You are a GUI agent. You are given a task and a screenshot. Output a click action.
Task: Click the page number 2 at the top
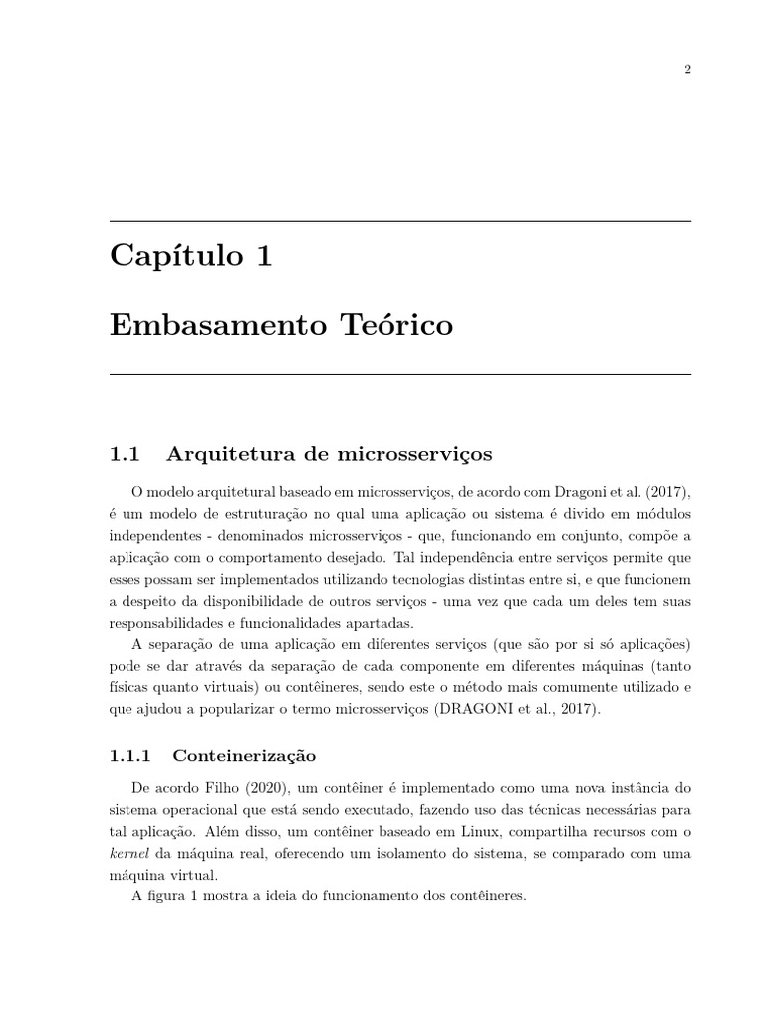click(687, 69)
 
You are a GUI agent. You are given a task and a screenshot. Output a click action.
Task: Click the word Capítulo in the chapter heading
click(175, 257)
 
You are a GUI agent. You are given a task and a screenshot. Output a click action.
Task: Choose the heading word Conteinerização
click(244, 756)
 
